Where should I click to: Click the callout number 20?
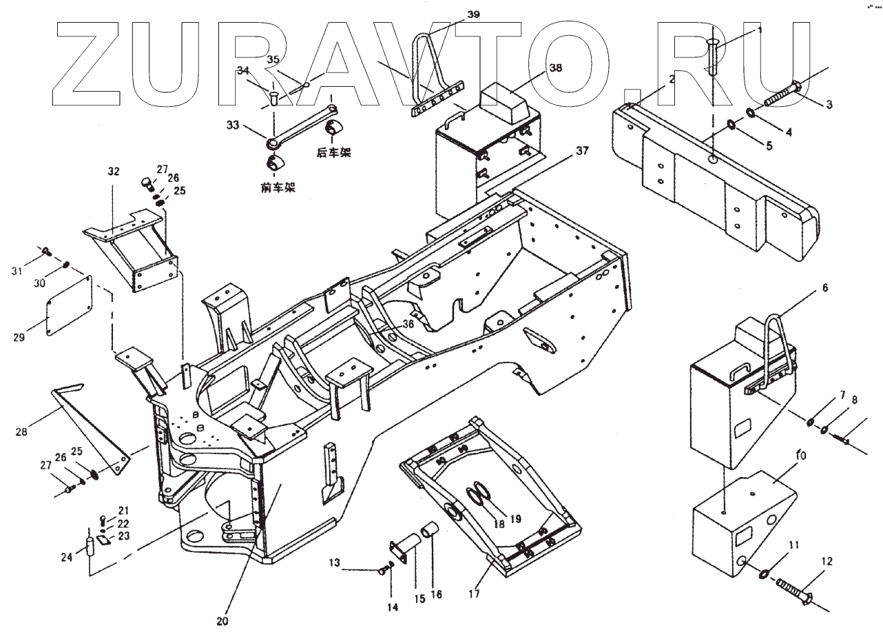[221, 620]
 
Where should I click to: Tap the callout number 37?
[583, 152]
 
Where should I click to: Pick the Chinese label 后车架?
[333, 152]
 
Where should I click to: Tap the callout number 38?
[555, 68]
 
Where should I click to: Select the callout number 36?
[408, 324]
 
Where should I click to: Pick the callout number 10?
[800, 456]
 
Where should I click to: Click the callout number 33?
[232, 126]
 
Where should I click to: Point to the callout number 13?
[334, 564]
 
